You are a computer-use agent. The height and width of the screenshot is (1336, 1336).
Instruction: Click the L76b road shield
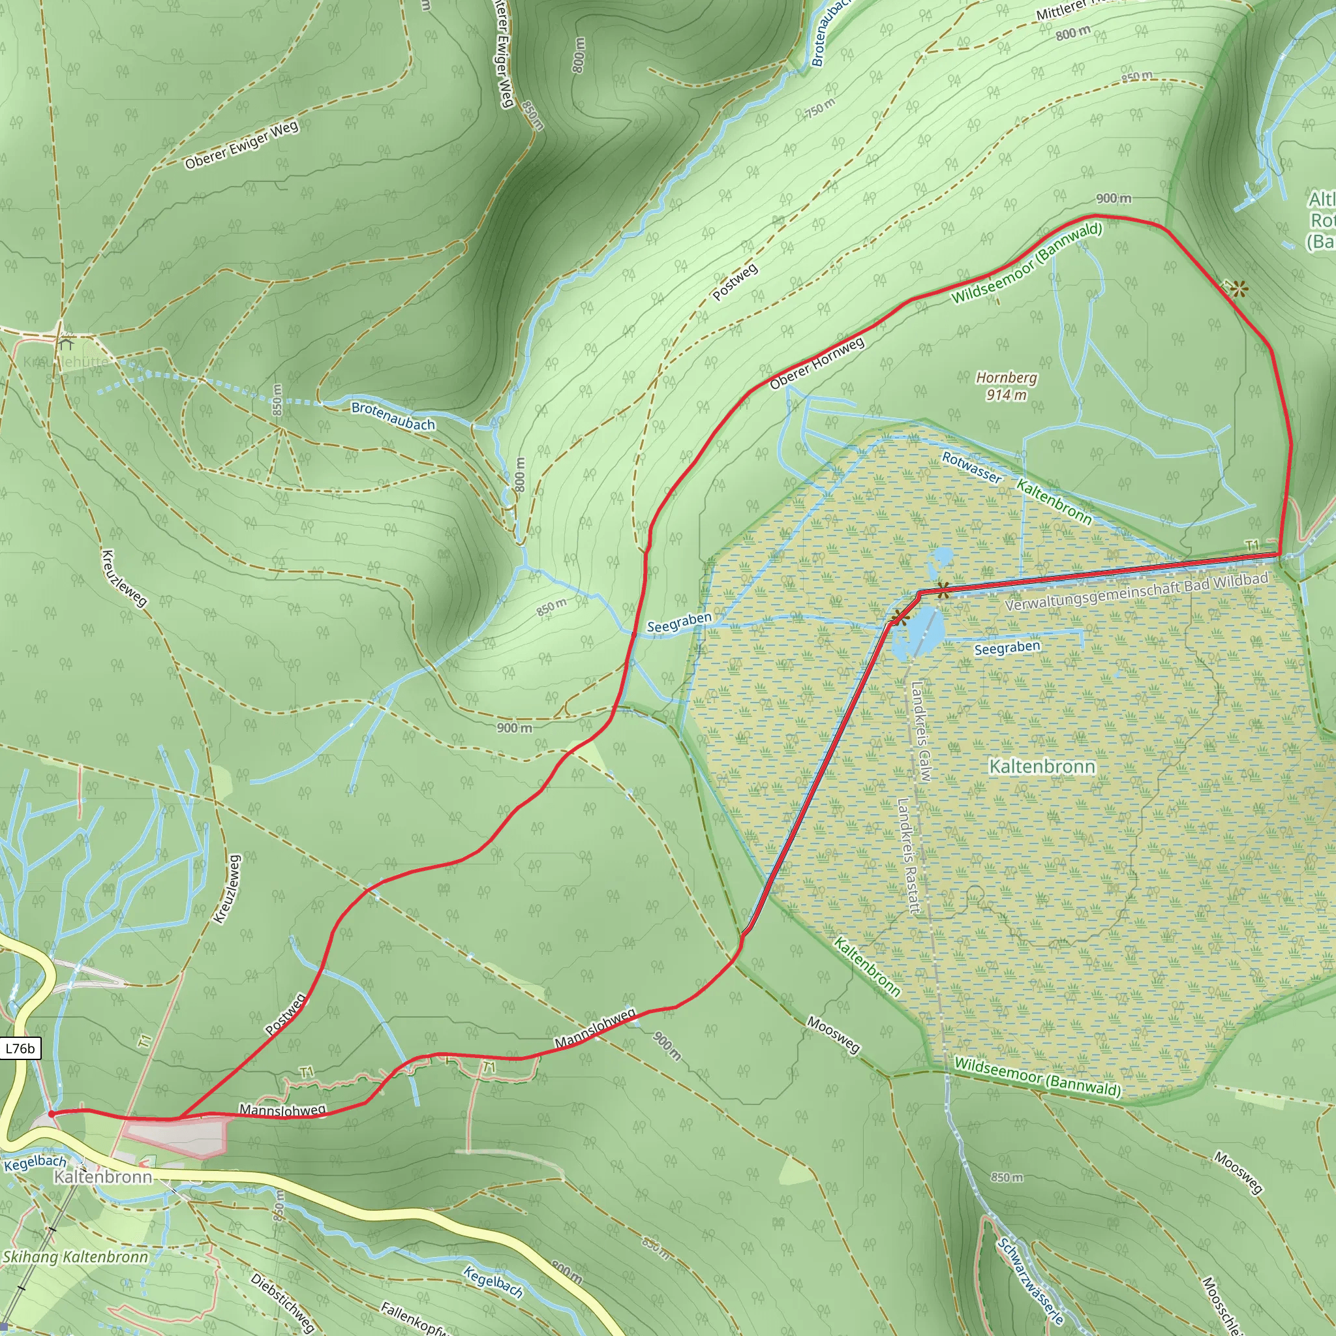point(20,1048)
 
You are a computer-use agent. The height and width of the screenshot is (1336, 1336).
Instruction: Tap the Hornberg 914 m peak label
point(1006,386)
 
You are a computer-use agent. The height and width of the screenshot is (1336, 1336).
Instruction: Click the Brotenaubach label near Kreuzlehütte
point(393,416)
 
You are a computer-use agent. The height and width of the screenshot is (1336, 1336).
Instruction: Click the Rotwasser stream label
point(971,468)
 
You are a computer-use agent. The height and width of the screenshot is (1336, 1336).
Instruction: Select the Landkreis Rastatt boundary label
point(907,855)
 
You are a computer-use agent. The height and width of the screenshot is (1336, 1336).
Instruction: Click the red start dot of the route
point(52,1114)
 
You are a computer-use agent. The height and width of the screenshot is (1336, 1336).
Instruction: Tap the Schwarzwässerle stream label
point(1029,1281)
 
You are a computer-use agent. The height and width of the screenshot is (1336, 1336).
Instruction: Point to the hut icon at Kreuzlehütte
point(66,342)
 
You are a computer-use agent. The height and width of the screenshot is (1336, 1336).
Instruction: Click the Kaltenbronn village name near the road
point(102,1176)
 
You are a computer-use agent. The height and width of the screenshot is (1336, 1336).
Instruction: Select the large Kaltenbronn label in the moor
point(1041,767)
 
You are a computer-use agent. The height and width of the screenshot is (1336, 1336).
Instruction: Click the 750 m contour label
point(819,108)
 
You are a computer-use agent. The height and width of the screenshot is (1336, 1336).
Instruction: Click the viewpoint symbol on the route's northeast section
point(1237,288)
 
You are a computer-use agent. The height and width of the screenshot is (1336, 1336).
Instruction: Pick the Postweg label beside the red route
point(285,1014)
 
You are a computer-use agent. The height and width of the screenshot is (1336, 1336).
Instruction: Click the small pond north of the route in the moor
point(941,555)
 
